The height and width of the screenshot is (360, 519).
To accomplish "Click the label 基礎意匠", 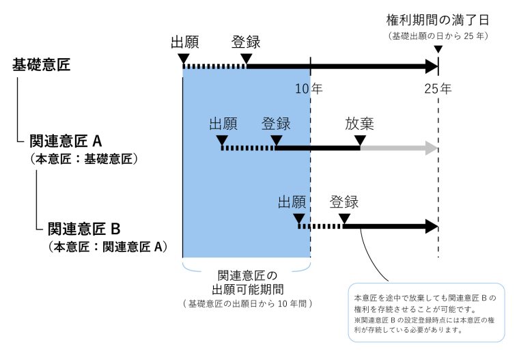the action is (x=42, y=65).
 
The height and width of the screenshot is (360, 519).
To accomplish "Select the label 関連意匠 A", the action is (x=66, y=141).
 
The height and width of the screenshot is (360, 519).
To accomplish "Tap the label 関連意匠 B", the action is (x=84, y=229).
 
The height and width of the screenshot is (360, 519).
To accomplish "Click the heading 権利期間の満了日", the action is (x=438, y=20).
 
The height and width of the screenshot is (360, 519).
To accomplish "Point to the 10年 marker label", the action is (x=309, y=89).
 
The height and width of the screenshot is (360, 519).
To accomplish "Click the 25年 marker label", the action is (x=438, y=89).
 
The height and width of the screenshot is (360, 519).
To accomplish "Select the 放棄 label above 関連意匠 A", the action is (x=359, y=124).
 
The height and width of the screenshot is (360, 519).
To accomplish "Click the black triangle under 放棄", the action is (x=360, y=141).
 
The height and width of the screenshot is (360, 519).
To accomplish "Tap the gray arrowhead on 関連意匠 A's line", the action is (x=432, y=148).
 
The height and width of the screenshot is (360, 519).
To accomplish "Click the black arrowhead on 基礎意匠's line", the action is (x=432, y=66).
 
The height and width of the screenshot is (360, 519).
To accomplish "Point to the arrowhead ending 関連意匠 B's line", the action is (x=432, y=227).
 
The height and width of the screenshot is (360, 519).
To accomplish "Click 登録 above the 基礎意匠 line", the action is (x=246, y=42).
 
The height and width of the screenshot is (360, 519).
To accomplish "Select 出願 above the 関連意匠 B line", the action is (x=292, y=202).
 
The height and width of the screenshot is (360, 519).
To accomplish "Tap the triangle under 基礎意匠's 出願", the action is (x=184, y=59).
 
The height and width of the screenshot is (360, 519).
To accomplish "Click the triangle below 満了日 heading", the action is (x=438, y=49).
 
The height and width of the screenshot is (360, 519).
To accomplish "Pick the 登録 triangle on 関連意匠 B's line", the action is (x=344, y=219).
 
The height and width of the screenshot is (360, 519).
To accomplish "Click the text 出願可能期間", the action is (x=248, y=290).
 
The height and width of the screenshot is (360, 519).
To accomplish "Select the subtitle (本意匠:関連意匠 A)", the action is (x=108, y=247).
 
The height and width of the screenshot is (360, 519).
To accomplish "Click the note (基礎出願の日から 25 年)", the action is (x=438, y=36).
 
